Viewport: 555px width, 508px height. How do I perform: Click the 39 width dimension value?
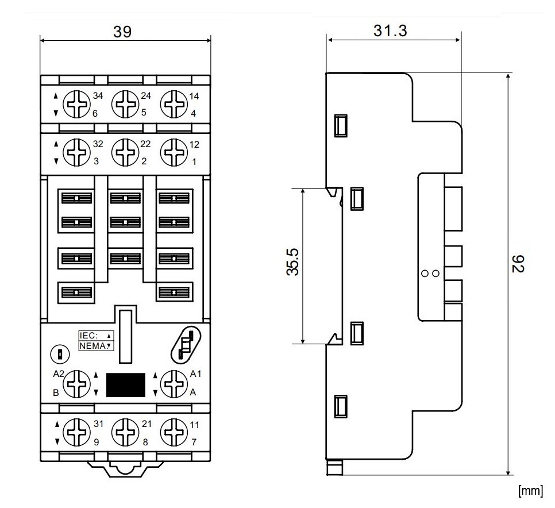(122, 32)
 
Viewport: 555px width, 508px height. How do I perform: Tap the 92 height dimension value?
(518, 264)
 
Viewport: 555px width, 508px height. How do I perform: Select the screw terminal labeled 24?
(123, 105)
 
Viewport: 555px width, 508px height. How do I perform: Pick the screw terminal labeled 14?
(172, 105)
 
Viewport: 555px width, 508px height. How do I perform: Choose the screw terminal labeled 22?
(123, 152)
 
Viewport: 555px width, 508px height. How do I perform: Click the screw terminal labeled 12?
(172, 152)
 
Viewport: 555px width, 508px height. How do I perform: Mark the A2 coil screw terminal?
(75, 383)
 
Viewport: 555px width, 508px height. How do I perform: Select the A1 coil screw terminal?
(173, 383)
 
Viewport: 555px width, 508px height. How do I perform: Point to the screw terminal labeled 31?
(75, 433)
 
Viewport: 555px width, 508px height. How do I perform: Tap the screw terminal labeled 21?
(124, 433)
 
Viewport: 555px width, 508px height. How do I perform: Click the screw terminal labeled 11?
(173, 433)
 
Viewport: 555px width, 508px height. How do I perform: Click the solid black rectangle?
(125, 385)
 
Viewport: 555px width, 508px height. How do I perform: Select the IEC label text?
(89, 335)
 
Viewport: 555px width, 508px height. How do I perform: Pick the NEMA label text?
(92, 345)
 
